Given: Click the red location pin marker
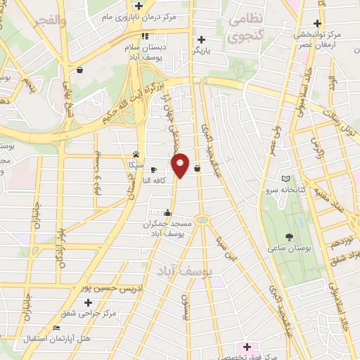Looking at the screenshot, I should [x=181, y=165].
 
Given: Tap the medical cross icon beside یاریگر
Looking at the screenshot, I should [x=202, y=40].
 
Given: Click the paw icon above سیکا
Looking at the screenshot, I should [x=135, y=154].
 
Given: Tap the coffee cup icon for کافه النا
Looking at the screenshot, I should [x=154, y=169].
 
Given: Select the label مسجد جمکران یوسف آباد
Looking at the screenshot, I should [x=167, y=229].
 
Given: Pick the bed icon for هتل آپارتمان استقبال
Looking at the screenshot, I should [x=57, y=328].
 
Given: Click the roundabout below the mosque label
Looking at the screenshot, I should [x=202, y=221].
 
